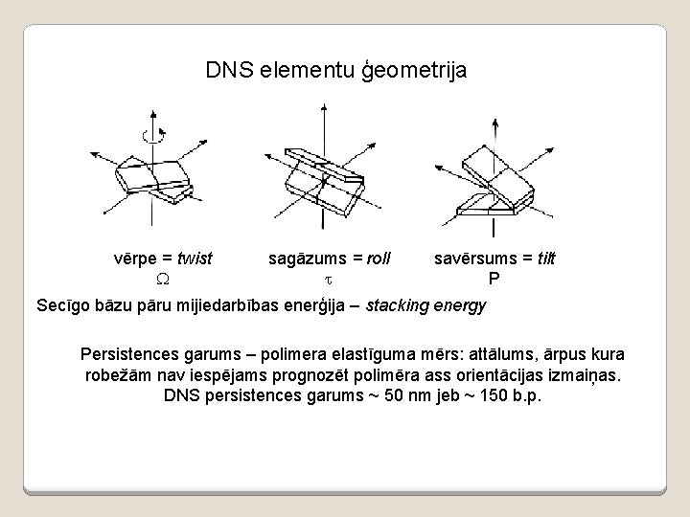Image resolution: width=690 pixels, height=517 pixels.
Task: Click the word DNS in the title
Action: pyautogui.click(x=225, y=71)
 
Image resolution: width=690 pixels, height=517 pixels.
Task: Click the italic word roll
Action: pyautogui.click(x=373, y=258)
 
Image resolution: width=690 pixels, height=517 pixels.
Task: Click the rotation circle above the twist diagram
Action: pyautogui.click(x=150, y=135)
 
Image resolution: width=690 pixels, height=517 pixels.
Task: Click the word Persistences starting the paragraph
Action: pyautogui.click(x=132, y=352)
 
